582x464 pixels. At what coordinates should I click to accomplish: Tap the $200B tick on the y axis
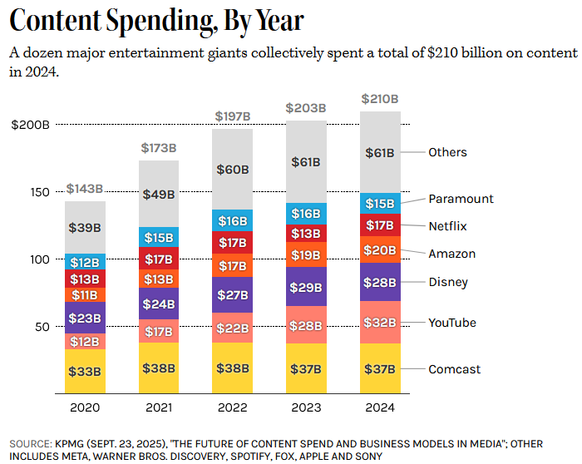tap(32, 125)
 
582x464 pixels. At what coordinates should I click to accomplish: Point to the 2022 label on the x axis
tap(233, 407)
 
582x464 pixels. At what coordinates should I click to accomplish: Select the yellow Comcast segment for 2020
tap(86, 371)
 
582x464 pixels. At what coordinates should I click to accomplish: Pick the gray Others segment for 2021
tap(159, 194)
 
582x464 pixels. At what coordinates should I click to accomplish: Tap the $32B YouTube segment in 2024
tap(381, 322)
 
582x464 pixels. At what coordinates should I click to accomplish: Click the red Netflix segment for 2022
tap(233, 242)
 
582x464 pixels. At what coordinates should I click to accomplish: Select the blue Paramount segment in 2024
tap(381, 204)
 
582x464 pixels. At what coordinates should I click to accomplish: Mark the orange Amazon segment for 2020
tap(86, 294)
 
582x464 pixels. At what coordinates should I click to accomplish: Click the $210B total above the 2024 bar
tap(380, 99)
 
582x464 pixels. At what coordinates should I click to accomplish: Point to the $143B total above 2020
tap(85, 189)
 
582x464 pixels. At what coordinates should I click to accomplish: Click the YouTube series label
tap(452, 322)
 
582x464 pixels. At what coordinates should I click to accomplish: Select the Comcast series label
tap(454, 369)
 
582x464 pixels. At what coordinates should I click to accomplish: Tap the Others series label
tap(447, 152)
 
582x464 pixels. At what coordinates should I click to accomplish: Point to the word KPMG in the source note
tap(73, 442)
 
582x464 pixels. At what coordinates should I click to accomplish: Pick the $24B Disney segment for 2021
tap(159, 304)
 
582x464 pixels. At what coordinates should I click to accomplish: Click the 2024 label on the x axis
tap(380, 407)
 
